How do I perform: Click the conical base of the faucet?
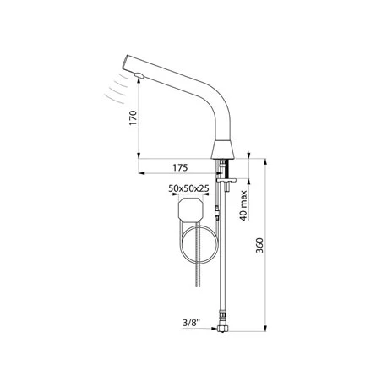click(222, 150)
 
